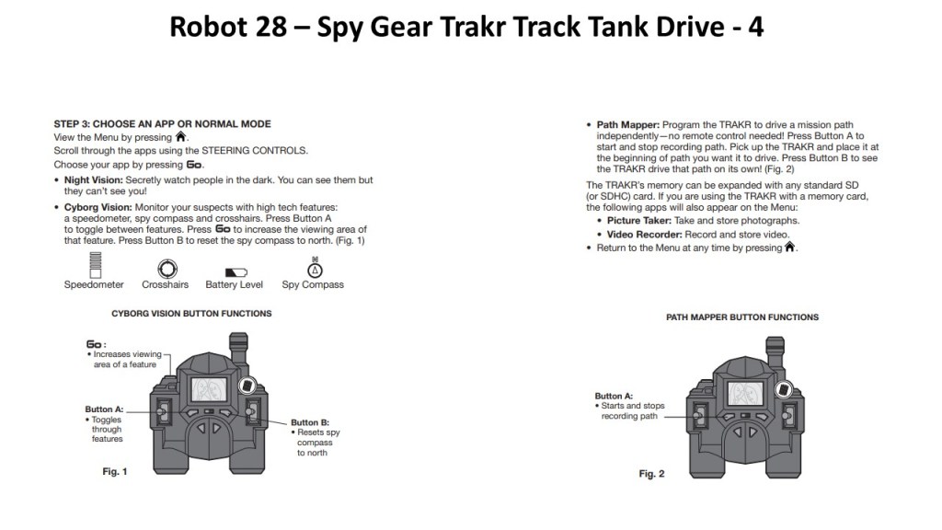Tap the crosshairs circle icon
(166, 269)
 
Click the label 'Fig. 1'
(114, 472)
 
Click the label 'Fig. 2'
(651, 474)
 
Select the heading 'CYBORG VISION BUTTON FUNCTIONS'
(191, 314)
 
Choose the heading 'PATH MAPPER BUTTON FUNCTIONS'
(742, 317)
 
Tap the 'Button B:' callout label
(311, 422)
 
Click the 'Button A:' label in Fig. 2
(614, 396)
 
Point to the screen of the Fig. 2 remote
(749, 393)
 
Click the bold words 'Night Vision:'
(94, 180)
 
